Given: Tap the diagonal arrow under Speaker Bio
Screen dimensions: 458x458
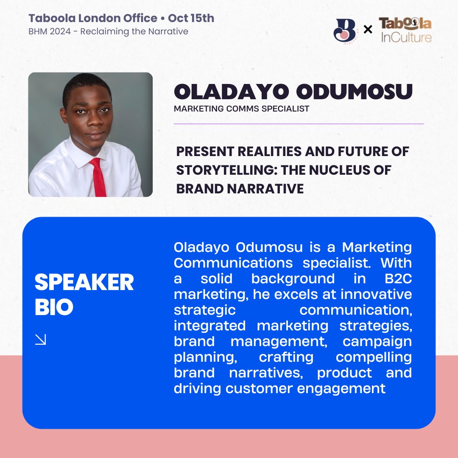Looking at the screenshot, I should click(x=41, y=339).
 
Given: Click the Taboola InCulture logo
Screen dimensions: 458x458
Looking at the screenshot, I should click(x=405, y=30).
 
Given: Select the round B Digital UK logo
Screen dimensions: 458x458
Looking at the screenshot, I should click(x=345, y=30).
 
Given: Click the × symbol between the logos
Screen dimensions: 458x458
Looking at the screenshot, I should click(x=368, y=30).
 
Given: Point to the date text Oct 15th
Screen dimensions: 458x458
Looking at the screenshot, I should click(x=191, y=19).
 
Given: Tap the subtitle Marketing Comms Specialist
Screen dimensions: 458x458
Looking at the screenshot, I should click(x=241, y=109).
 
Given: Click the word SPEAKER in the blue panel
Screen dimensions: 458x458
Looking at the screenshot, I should click(x=84, y=282).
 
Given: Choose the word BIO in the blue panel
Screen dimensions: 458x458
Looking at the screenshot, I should click(x=54, y=307).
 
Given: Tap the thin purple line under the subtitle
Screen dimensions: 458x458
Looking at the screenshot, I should click(x=299, y=124).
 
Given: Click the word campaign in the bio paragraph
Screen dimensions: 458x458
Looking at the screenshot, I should click(x=377, y=341).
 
